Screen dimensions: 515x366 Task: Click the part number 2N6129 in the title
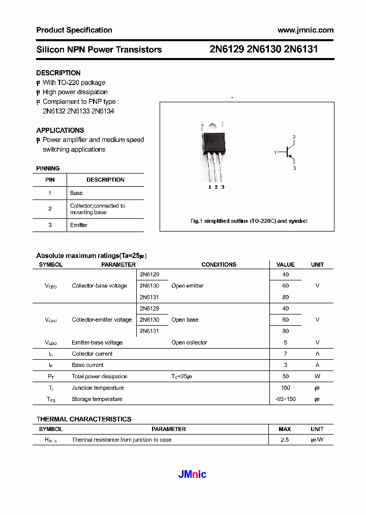point(226,49)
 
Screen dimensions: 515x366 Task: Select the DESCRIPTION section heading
point(58,73)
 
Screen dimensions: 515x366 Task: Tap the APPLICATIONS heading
point(60,130)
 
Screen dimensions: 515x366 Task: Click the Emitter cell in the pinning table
point(79,225)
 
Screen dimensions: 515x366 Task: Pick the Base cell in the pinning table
point(76,193)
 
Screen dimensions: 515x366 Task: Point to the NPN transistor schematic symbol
point(288,152)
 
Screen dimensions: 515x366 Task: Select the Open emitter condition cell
point(187,286)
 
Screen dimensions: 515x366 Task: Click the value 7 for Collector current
point(285,354)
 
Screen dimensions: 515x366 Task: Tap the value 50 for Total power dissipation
point(285,377)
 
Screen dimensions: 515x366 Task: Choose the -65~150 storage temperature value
point(285,399)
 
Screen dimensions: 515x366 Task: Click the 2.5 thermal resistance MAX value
point(285,440)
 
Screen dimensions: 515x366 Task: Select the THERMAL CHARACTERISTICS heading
point(84,419)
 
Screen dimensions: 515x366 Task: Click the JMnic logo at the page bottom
point(192,474)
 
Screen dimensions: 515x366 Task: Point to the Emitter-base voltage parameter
point(97,342)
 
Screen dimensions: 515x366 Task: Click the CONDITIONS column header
point(219,265)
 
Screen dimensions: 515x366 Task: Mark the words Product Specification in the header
point(74,30)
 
